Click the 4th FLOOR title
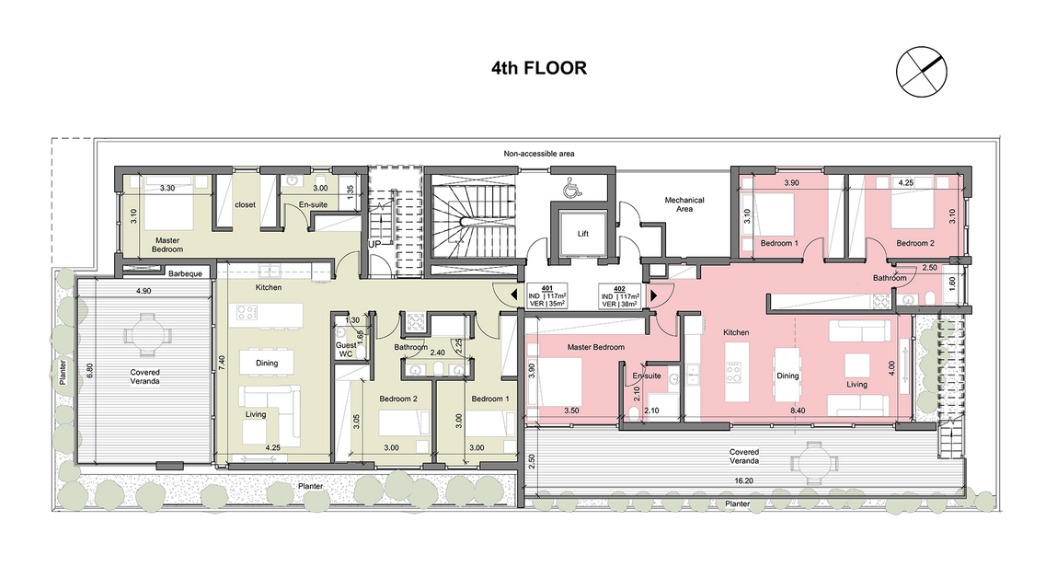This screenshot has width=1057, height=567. (x=538, y=68)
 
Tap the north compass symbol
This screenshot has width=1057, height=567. (x=921, y=72)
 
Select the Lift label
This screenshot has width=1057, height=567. (x=583, y=234)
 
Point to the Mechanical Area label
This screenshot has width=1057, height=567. (x=684, y=204)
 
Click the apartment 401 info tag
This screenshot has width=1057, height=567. (x=546, y=296)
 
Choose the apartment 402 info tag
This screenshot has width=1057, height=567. (x=619, y=296)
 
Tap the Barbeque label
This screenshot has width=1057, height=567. (x=186, y=273)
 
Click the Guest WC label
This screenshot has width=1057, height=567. (x=346, y=349)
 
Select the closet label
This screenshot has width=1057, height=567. (x=246, y=205)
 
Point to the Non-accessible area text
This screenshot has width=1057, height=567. (x=539, y=154)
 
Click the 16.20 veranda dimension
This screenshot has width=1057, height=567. (x=744, y=481)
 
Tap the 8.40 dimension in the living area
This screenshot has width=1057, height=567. (x=798, y=411)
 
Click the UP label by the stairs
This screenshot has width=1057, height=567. (x=374, y=245)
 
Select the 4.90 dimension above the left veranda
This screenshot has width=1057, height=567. (x=144, y=291)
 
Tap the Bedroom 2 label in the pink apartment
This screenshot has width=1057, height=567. (x=915, y=243)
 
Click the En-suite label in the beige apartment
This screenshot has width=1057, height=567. (x=314, y=205)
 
